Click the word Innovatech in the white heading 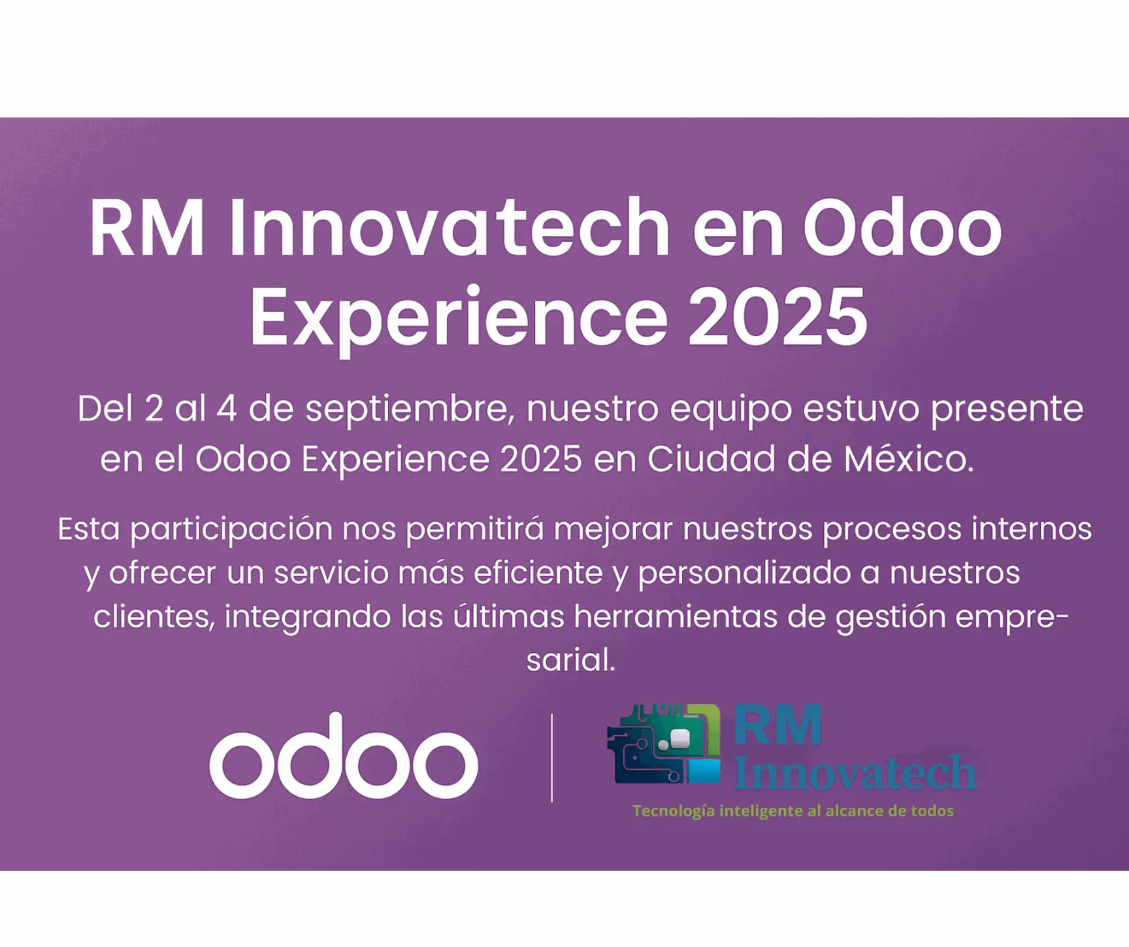[450, 227]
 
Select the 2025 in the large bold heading [777, 316]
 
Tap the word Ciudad [712, 458]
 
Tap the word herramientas [676, 616]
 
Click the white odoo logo [344, 756]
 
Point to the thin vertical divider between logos [552, 757]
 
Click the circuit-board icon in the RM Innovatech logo [664, 744]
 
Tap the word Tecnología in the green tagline [673, 812]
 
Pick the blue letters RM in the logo [777, 725]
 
